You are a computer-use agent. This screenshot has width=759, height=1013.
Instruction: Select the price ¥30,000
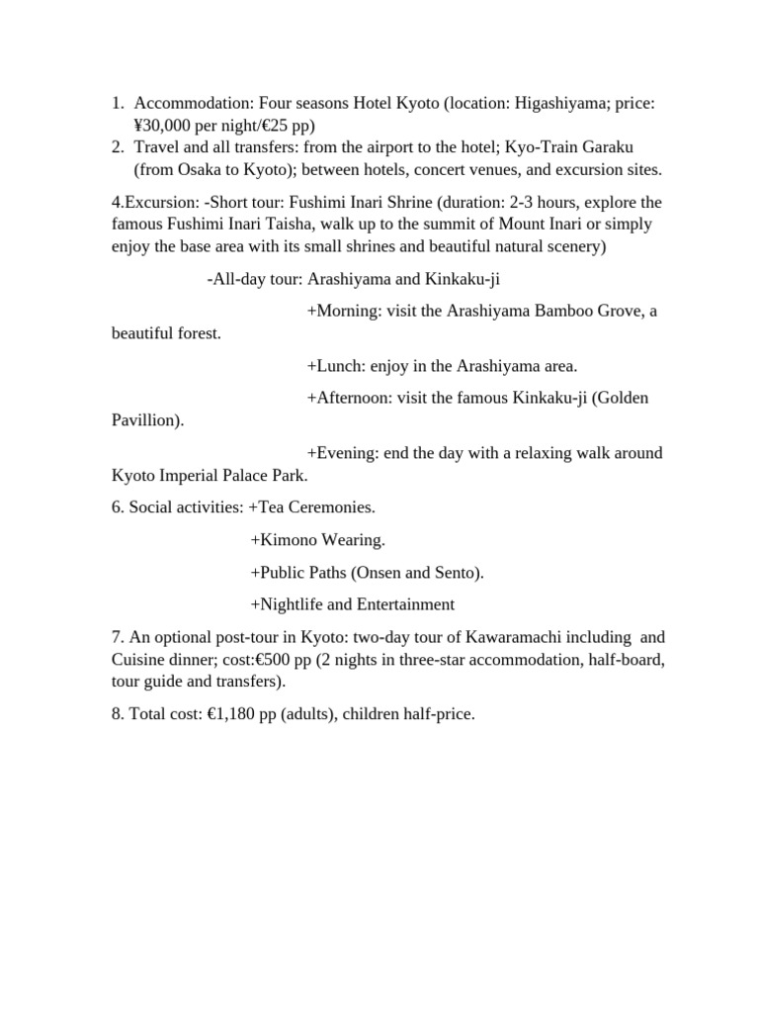tap(167, 126)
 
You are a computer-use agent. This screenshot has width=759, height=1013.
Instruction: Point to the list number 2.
tap(117, 147)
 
